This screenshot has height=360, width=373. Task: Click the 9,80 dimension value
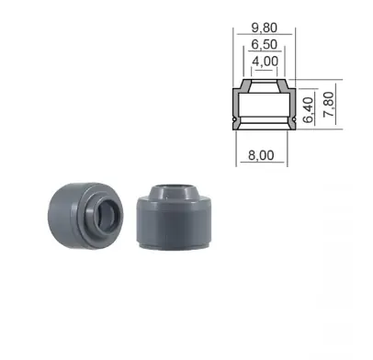(265, 28)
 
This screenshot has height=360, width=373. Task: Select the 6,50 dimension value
(265, 44)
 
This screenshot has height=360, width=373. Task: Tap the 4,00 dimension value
(266, 62)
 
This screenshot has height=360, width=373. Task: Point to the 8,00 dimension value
(261, 155)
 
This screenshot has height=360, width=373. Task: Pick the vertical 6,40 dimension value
(309, 110)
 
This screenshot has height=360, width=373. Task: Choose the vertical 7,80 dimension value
(329, 104)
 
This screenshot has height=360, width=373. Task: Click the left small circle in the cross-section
(234, 119)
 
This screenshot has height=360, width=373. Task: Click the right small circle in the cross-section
(295, 119)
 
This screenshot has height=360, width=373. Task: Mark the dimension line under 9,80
(265, 34)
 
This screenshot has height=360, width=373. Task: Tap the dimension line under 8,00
(262, 162)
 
